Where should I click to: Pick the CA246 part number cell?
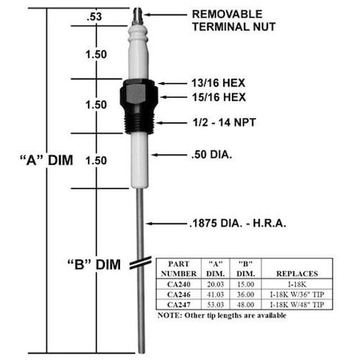tap(174, 294)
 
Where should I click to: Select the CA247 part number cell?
tap(174, 303)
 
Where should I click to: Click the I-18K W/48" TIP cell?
tap(298, 303)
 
